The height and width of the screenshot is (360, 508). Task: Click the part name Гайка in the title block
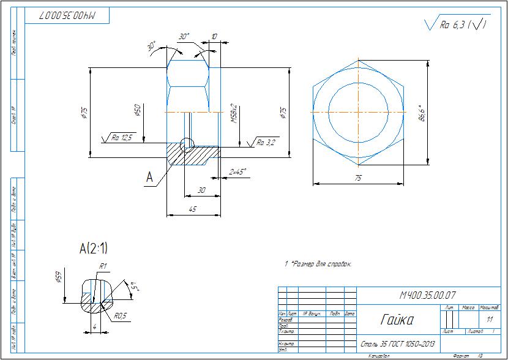coord(396,320)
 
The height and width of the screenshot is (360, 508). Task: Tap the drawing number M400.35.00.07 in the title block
coord(428,294)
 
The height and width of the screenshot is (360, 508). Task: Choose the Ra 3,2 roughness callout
coord(266,143)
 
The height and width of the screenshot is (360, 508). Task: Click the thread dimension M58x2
coord(234,114)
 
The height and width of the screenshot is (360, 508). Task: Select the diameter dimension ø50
coord(138,110)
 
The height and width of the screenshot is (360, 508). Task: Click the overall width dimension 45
coord(193,209)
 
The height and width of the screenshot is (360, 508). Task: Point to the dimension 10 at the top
coord(214,37)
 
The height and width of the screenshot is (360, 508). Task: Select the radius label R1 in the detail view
coord(103,266)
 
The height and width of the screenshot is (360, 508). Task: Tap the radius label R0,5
coord(119,317)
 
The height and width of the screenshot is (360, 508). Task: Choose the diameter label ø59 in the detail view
coord(59,277)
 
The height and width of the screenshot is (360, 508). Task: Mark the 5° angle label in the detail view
coord(130,286)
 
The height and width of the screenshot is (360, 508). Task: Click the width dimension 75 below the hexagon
coord(358,178)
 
